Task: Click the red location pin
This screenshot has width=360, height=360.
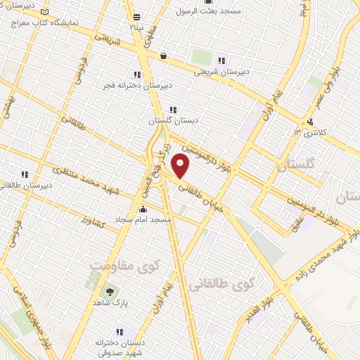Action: click(181, 167)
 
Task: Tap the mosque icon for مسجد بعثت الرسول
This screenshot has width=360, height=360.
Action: click(207, 2)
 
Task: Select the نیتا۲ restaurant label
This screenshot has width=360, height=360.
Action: click(135, 26)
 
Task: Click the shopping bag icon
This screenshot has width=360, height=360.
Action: click(163, 56)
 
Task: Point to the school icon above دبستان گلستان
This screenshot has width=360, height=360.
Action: click(173, 109)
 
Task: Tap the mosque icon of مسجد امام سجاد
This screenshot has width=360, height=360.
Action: click(143, 209)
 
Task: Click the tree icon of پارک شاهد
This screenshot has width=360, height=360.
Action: click(108, 290)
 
